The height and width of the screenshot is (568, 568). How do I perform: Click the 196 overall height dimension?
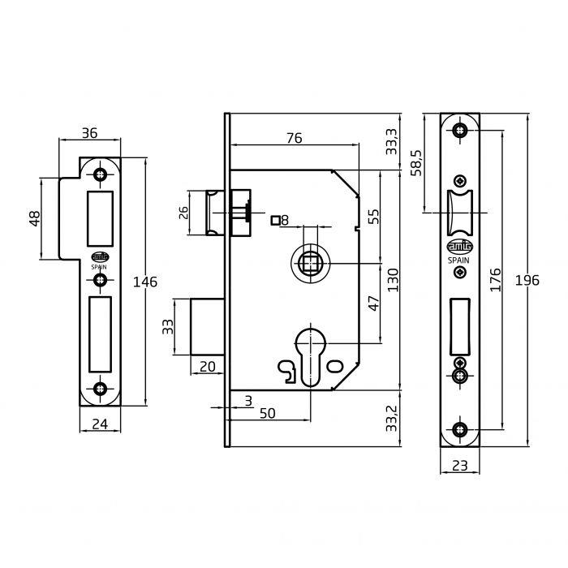(527, 280)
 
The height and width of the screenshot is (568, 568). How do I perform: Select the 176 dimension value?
(495, 280)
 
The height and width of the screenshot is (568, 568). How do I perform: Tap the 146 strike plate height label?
(145, 282)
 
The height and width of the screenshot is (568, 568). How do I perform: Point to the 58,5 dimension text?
(416, 162)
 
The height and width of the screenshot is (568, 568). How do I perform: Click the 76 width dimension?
(294, 138)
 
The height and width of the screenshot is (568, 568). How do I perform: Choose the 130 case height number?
(392, 280)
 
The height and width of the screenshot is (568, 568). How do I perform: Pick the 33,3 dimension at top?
(392, 141)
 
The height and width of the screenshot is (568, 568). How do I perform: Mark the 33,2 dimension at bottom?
(392, 419)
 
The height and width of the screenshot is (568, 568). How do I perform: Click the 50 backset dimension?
(267, 413)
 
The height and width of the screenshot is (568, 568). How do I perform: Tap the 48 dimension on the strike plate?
(35, 218)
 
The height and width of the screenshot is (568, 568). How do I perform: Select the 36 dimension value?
(89, 133)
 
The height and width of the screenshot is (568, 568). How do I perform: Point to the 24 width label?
(100, 424)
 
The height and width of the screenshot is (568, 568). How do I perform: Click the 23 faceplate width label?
(460, 466)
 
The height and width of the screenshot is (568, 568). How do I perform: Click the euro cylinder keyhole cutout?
(311, 357)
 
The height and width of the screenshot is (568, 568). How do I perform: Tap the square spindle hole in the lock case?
(311, 264)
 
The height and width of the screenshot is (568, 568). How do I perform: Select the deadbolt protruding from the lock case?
(207, 326)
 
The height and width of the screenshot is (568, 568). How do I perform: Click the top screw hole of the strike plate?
(99, 174)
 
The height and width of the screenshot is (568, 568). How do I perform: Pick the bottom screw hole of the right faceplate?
(460, 430)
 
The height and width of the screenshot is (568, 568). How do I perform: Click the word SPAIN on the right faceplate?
(458, 260)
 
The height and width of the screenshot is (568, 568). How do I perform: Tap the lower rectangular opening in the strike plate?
(100, 334)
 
